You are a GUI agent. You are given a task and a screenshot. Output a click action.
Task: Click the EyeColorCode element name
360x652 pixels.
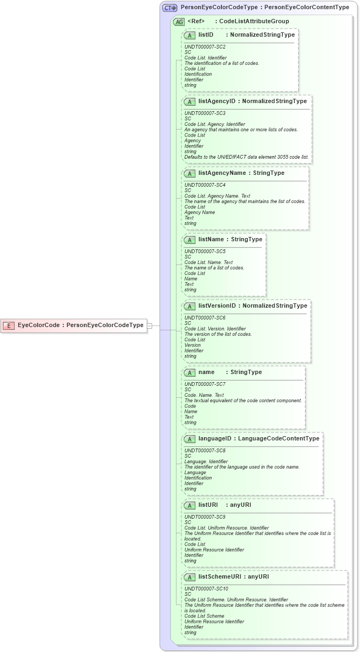click(x=38, y=325)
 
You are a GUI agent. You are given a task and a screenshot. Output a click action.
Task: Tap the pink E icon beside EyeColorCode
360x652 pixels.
click(x=9, y=325)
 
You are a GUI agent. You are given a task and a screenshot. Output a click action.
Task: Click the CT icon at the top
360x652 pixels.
click(x=170, y=8)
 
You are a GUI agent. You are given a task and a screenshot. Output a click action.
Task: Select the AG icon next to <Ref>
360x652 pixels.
click(x=179, y=22)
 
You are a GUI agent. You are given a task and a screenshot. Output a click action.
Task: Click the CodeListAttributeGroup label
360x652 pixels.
click(x=254, y=22)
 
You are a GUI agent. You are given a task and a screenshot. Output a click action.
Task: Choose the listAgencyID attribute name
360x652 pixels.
click(x=217, y=101)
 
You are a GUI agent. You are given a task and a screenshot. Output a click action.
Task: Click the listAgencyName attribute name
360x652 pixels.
click(x=222, y=173)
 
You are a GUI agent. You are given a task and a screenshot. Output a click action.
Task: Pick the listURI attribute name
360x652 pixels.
click(x=208, y=505)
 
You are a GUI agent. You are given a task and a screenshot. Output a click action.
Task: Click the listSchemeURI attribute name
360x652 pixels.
click(x=219, y=576)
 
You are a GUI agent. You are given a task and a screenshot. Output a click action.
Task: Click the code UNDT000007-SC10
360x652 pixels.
click(x=206, y=589)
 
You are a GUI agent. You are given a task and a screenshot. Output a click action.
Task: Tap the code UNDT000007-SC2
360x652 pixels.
click(x=205, y=47)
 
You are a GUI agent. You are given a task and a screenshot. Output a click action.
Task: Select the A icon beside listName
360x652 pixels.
click(x=189, y=240)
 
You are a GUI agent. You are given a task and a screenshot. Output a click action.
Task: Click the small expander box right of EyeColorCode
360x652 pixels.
click(x=150, y=325)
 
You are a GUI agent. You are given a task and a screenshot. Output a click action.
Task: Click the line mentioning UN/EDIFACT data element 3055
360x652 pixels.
click(x=247, y=157)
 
